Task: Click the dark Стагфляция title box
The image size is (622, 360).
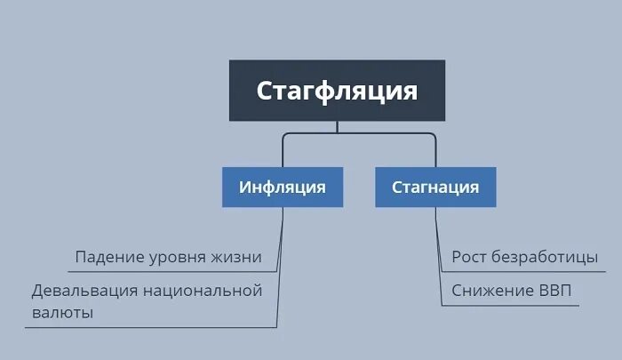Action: [x=337, y=90]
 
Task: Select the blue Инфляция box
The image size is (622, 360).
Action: [x=282, y=188]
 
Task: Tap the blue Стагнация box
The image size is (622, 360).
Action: [x=435, y=188]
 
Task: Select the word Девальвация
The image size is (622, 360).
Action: [x=83, y=291]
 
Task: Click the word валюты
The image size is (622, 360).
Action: [x=62, y=313]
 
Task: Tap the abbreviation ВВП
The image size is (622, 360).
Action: [x=556, y=291]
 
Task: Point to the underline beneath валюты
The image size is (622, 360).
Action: [x=133, y=328]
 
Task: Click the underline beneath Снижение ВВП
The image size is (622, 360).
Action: [x=511, y=305]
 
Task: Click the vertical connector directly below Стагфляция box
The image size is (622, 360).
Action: [x=337, y=127]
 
